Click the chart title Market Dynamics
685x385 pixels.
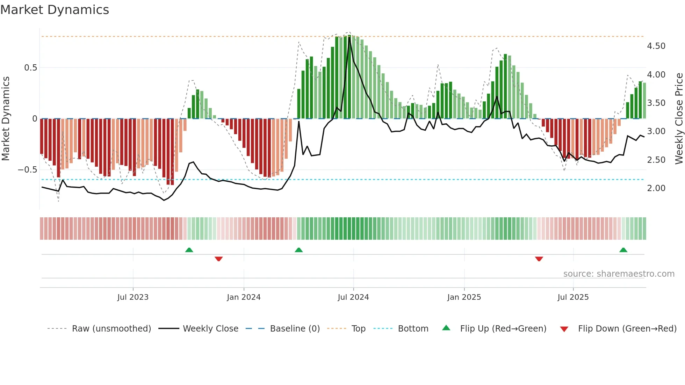(x=55, y=10)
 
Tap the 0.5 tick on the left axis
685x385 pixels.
(x=30, y=68)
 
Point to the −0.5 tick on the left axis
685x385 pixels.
(x=27, y=170)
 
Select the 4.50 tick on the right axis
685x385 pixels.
(x=656, y=46)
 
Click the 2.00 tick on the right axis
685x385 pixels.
(x=656, y=188)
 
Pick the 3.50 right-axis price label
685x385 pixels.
(x=656, y=103)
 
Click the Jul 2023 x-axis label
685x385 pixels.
(x=133, y=297)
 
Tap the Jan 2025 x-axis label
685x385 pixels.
(x=464, y=297)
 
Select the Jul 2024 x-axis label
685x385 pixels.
(x=353, y=297)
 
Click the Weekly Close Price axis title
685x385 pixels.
(x=679, y=118)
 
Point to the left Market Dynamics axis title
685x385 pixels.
(x=6, y=118)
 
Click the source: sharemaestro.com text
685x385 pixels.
(x=619, y=274)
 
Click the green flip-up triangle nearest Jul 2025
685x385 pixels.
(x=623, y=250)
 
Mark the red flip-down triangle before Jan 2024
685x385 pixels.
(x=219, y=259)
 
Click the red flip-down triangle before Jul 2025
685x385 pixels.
(x=539, y=259)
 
